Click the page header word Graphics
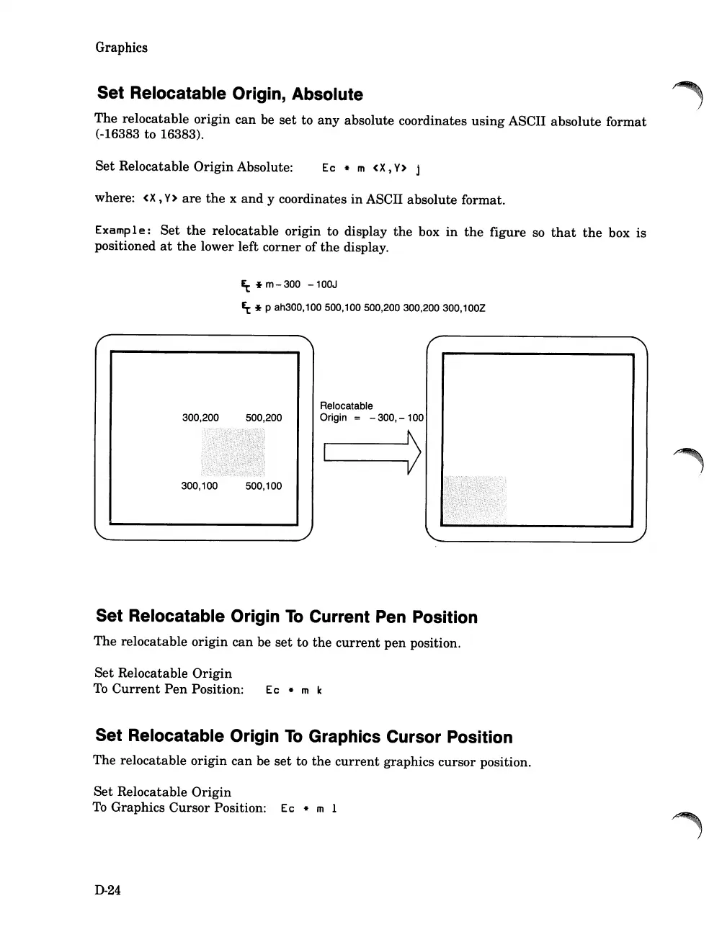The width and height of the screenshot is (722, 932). [121, 48]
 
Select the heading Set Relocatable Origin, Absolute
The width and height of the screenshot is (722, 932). [230, 94]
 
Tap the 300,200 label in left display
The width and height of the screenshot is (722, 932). [200, 418]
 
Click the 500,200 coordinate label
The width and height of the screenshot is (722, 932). [264, 418]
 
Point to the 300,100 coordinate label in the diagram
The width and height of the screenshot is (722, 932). [199, 486]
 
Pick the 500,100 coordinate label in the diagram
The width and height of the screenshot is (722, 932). [264, 486]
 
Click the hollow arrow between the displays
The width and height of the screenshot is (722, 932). [373, 452]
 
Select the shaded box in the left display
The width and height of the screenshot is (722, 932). [233, 452]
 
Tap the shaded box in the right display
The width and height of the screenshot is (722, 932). [474, 499]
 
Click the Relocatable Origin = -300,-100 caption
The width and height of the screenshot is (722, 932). [371, 412]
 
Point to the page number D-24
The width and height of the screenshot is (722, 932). [107, 890]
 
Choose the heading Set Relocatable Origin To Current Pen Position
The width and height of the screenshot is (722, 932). [286, 617]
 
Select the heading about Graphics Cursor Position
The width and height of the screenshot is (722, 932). [303, 737]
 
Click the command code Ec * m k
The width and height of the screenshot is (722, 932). [294, 690]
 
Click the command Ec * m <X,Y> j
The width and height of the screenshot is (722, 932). [371, 169]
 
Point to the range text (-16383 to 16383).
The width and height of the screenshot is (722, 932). [150, 135]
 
